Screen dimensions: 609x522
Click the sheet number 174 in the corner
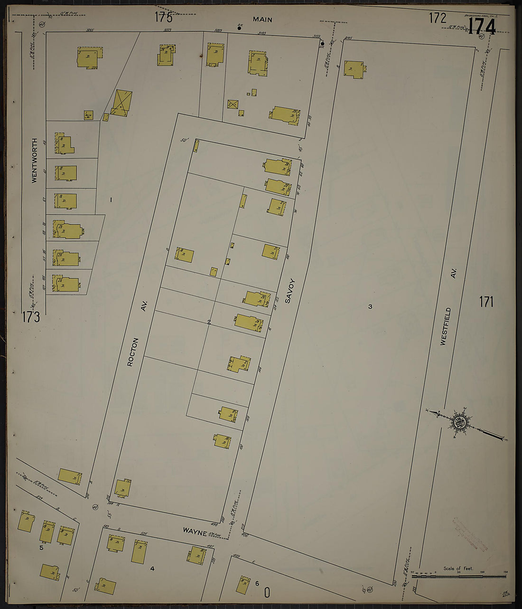pos(482,27)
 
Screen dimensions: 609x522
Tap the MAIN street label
pos(262,19)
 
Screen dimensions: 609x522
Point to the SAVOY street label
pos(290,291)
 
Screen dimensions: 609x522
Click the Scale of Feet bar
pos(458,576)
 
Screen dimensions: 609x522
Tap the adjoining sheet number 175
pos(163,18)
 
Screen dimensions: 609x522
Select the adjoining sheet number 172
pos(438,18)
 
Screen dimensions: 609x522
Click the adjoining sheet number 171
pos(486,302)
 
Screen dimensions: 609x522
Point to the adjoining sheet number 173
pos(30,317)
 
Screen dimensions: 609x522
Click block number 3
pos(370,306)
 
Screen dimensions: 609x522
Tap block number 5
pos(41,548)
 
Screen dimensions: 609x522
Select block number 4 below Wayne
pos(152,568)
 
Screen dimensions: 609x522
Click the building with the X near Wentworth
pos(122,103)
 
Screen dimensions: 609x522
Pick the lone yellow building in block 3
pos(355,69)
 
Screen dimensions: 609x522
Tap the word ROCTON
pos(133,352)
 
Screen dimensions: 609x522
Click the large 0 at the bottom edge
pos(267,592)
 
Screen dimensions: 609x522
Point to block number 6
pos(257,583)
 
